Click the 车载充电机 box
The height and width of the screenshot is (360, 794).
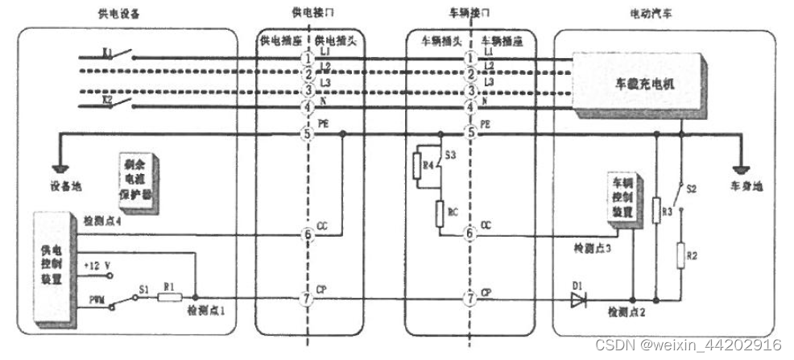[636, 83]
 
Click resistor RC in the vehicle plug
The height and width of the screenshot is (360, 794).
[440, 213]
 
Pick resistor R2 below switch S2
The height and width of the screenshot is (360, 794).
[682, 258]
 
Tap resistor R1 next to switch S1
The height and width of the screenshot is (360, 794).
[168, 298]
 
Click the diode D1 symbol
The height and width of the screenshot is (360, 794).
[577, 300]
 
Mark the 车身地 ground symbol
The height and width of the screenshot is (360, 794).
[741, 170]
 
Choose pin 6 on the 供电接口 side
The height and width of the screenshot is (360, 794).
[307, 234]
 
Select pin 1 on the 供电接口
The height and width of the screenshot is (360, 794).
[307, 58]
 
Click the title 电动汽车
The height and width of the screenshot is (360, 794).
[650, 15]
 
